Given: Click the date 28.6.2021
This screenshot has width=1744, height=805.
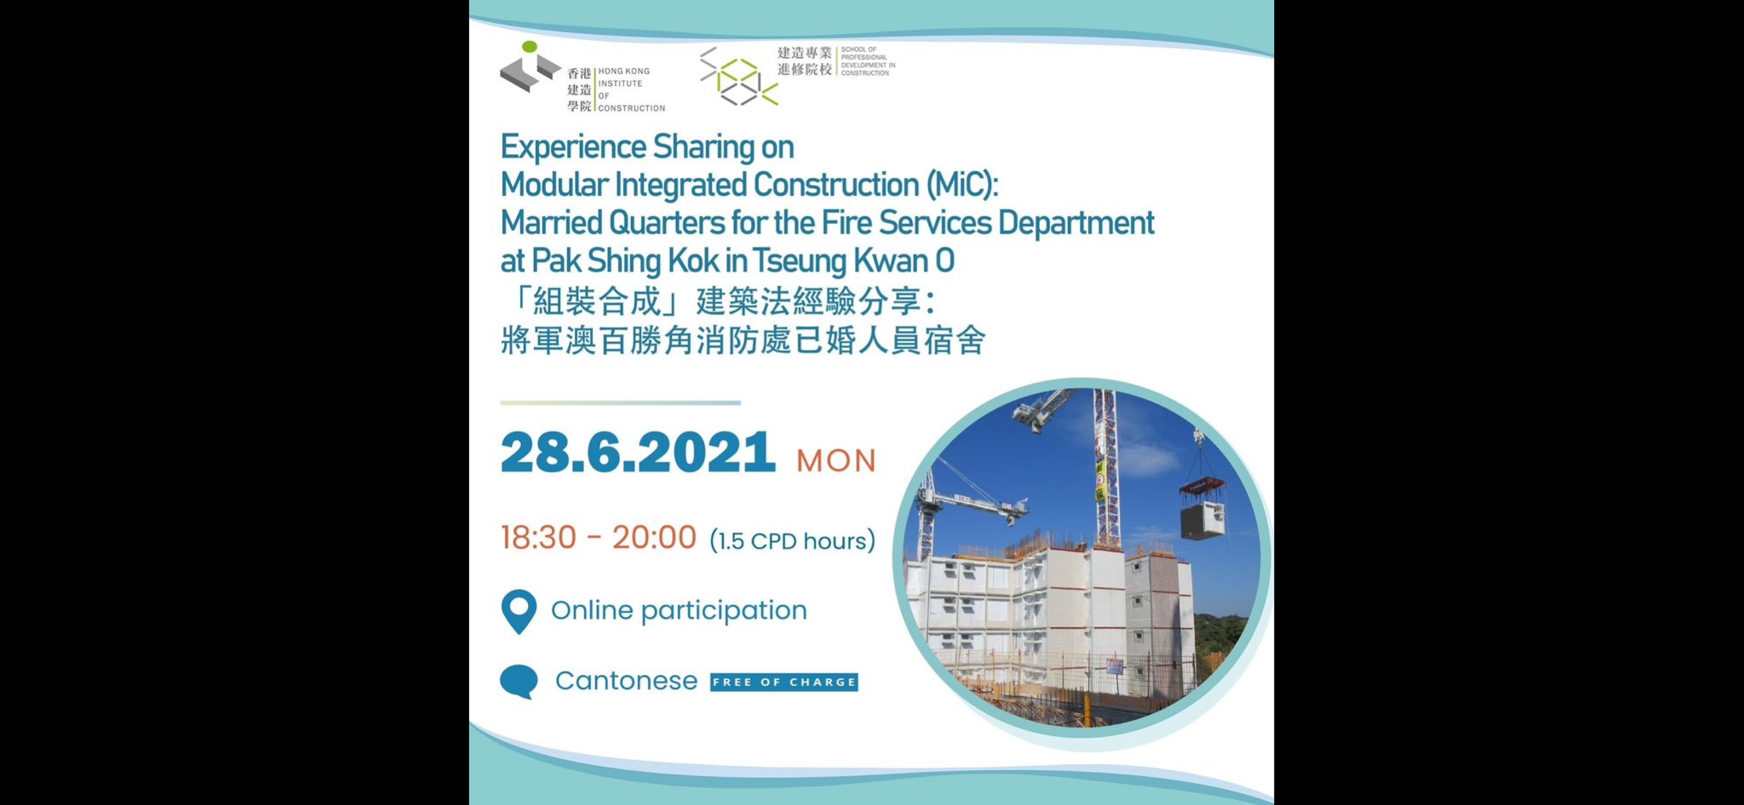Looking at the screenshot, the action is (x=638, y=452).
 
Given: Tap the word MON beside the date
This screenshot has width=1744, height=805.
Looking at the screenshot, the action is (x=836, y=460).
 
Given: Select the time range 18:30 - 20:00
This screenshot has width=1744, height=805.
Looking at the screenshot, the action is (x=599, y=538).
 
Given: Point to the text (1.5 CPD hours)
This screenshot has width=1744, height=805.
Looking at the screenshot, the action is (x=792, y=541).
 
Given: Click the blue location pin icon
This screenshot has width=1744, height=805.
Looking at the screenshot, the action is (x=519, y=611).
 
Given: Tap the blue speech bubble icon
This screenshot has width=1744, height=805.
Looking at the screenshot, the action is (x=519, y=682).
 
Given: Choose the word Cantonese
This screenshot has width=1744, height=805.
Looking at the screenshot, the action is (x=626, y=681).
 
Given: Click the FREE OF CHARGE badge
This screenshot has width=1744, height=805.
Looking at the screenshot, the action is (x=784, y=682).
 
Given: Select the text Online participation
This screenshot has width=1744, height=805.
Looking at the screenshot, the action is (x=679, y=610).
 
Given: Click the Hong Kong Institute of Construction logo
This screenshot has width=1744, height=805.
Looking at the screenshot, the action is (x=582, y=77).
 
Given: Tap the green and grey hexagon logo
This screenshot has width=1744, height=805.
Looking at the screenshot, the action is (x=738, y=77).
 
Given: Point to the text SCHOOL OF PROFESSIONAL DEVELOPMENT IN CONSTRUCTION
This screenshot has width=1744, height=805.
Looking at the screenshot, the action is (x=868, y=61).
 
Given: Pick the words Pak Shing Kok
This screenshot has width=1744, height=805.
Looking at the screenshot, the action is (x=626, y=261).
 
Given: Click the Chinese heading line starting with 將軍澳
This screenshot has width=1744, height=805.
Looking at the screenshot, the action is (x=743, y=340).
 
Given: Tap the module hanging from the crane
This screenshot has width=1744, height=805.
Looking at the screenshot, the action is (x=1203, y=518).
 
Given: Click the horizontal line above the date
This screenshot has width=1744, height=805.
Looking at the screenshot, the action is (x=620, y=402).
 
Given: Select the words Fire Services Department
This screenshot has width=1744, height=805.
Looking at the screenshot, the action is (x=988, y=223).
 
